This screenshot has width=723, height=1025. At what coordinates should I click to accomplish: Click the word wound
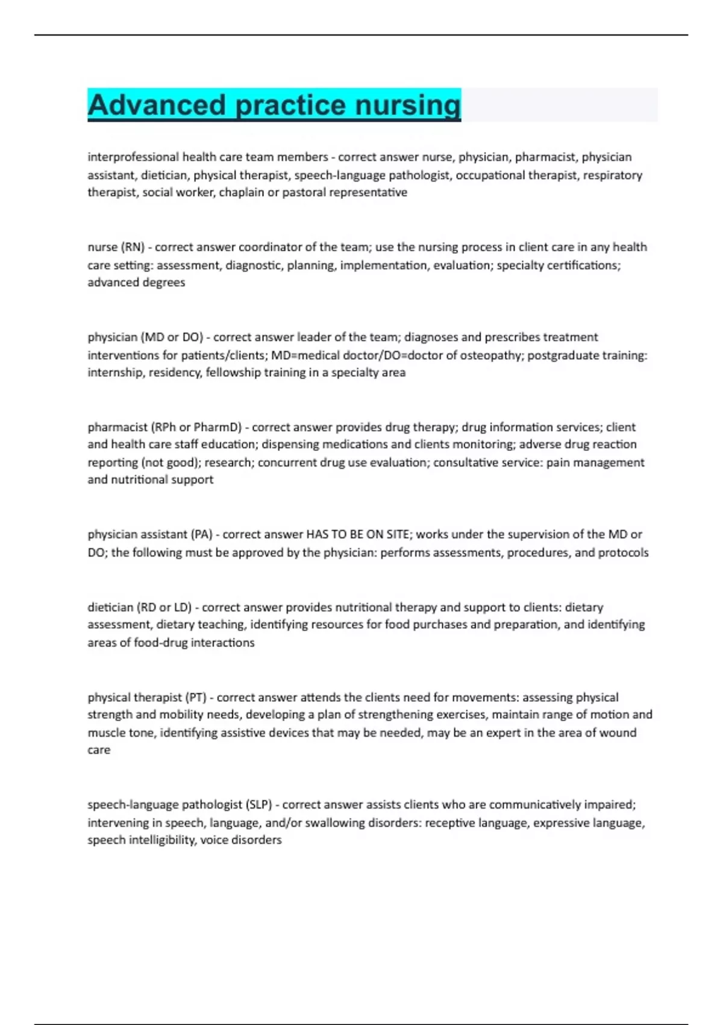(619, 733)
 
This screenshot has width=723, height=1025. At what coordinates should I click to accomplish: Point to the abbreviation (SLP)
(259, 805)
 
